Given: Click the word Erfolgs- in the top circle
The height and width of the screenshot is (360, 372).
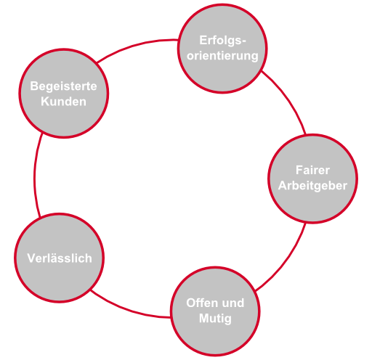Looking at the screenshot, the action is (222, 41).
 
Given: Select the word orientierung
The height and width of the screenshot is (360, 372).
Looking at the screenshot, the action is (222, 56).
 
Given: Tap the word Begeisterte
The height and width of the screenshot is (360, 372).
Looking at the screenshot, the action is (63, 86).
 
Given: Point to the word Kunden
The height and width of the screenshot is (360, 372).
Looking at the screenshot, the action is (63, 102).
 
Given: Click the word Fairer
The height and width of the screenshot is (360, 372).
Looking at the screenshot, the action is (312, 170).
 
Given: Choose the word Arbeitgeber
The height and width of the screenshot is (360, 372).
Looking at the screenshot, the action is (312, 186).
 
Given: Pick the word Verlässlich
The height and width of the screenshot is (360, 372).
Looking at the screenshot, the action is (60, 258).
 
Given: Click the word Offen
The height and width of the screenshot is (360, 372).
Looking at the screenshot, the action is (200, 303).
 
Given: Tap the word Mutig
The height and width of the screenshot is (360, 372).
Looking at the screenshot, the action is (215, 319).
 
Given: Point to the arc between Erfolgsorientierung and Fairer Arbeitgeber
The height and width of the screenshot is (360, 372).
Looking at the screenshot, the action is (288, 99).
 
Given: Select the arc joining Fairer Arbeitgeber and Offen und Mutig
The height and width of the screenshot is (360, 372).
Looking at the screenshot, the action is (286, 261).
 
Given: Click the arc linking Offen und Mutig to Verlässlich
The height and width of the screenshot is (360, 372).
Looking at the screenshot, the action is (129, 308).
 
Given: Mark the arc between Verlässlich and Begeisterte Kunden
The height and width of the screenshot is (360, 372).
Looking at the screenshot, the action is (35, 176).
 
